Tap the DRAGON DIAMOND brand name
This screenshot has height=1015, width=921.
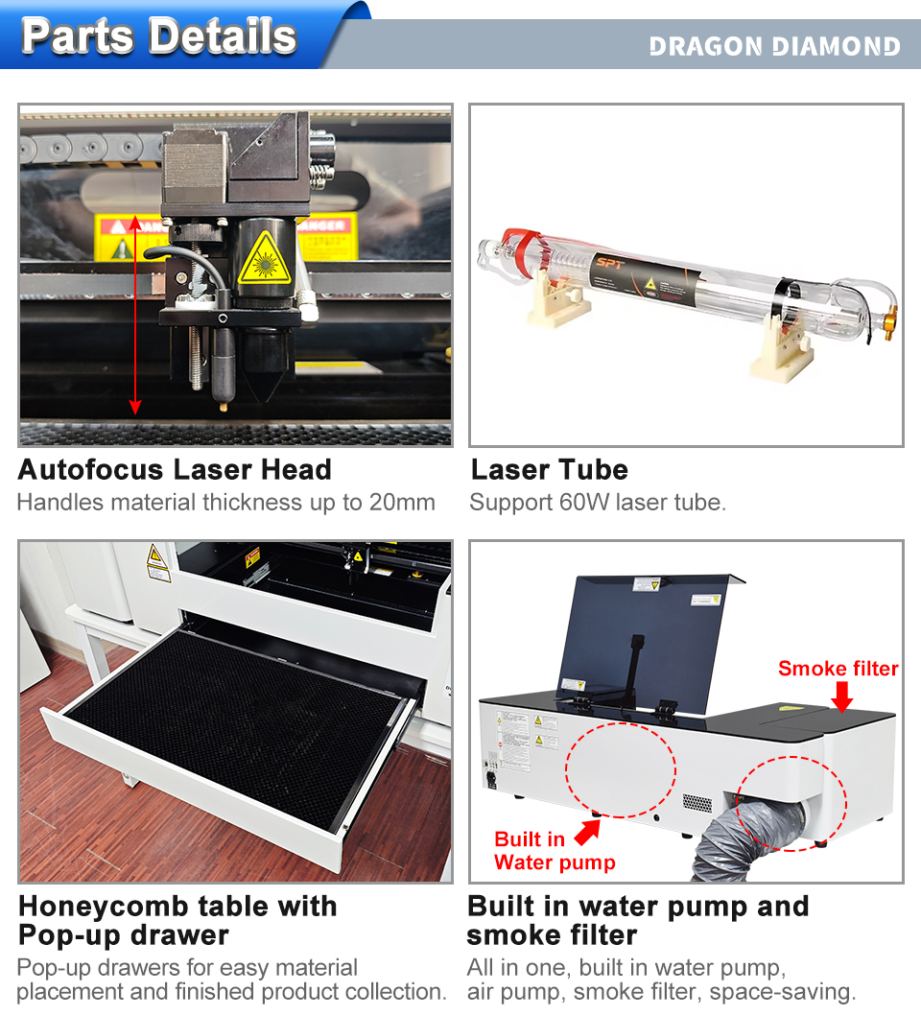pyautogui.click(x=775, y=46)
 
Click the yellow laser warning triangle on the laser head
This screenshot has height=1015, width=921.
pyautogui.click(x=264, y=259)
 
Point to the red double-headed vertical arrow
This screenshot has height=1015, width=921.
pyautogui.click(x=134, y=315)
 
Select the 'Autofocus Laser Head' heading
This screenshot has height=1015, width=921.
pyautogui.click(x=175, y=469)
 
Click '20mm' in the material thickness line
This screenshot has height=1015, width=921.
pyautogui.click(x=402, y=503)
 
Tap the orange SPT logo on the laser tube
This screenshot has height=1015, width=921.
pyautogui.click(x=609, y=262)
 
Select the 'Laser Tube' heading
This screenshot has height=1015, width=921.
pyautogui.click(x=550, y=469)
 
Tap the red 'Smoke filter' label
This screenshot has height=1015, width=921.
pyautogui.click(x=838, y=668)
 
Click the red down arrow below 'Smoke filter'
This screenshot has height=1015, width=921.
pyautogui.click(x=841, y=696)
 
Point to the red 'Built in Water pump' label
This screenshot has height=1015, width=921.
pyautogui.click(x=555, y=851)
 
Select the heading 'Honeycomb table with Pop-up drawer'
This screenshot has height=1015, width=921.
pyautogui.click(x=178, y=920)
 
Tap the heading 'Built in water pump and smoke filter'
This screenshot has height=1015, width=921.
pyautogui.click(x=638, y=920)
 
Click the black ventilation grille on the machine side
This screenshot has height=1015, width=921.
pyautogui.click(x=697, y=803)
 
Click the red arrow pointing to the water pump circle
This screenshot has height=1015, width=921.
pyautogui.click(x=587, y=833)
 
